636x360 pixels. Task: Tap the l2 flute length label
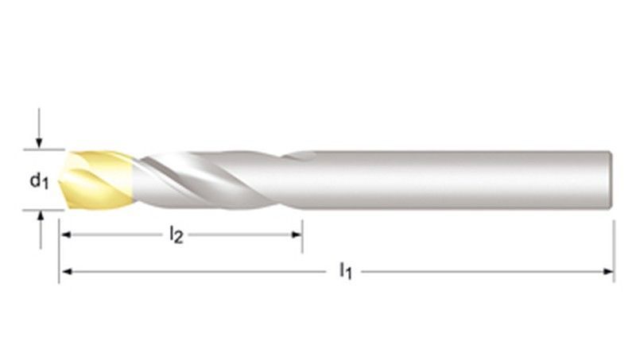coord(176,235)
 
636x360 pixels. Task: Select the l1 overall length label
coord(346,273)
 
